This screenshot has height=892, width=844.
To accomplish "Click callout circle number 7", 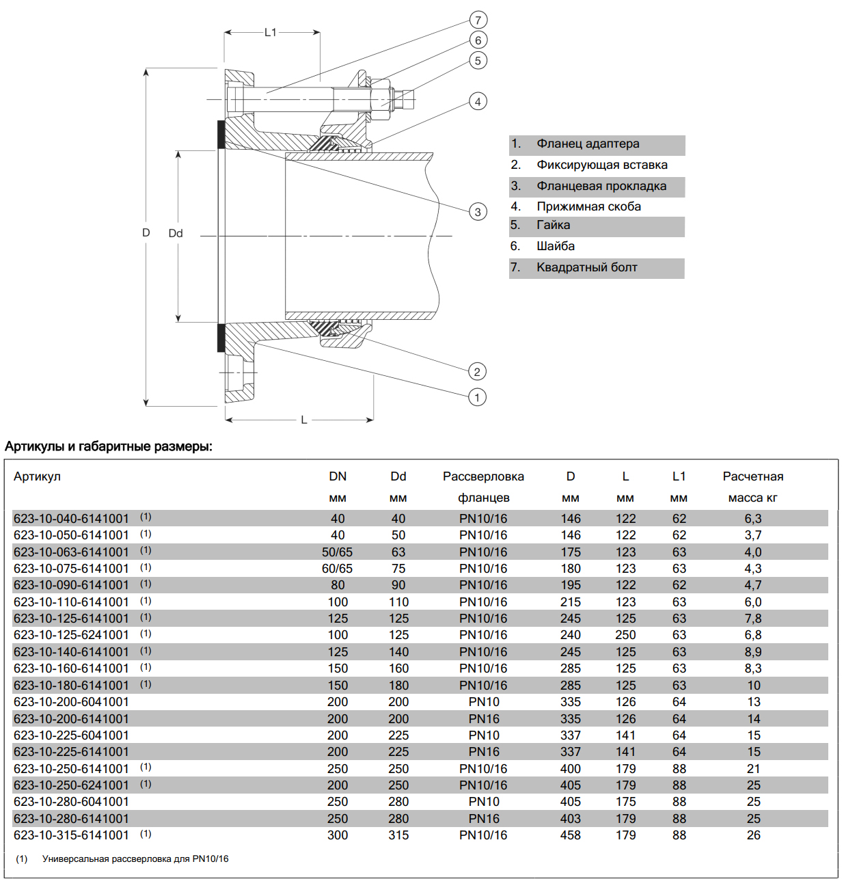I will click(x=478, y=20).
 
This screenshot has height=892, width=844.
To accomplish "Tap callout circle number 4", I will click(x=478, y=102).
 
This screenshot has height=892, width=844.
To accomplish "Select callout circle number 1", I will click(x=477, y=397).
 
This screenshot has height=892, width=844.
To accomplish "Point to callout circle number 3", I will click(x=478, y=212).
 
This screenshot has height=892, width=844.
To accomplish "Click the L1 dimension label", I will click(x=271, y=32).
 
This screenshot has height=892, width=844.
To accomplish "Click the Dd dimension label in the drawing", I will click(x=176, y=233).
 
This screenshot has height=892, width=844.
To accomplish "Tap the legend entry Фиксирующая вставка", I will click(x=601, y=165).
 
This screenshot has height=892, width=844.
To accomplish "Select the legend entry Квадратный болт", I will click(x=586, y=267).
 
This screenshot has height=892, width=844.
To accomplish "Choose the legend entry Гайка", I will click(x=553, y=225).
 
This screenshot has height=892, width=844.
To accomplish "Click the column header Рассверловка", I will click(x=483, y=476).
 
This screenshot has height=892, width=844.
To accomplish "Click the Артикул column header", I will click(x=37, y=476).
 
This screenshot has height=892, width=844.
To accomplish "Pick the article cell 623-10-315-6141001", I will click(x=71, y=835).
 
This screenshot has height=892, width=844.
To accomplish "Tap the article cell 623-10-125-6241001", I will click(x=71, y=635).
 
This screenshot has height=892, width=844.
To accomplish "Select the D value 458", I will click(x=571, y=835).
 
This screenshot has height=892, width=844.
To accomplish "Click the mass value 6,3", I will click(x=753, y=519).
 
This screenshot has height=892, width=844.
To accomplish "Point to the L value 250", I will click(x=625, y=635).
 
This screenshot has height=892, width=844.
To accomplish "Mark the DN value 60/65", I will click(x=338, y=569).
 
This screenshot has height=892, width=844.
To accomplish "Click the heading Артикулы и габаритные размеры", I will click(x=109, y=446).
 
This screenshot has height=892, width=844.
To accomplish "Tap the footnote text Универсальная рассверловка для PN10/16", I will click(x=135, y=859).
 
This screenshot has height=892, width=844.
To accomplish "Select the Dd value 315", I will click(x=398, y=835).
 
